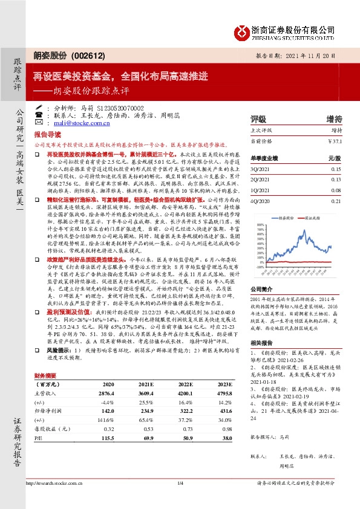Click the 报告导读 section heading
click(x=48, y=136)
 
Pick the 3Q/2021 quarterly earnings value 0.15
click(x=338, y=170)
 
